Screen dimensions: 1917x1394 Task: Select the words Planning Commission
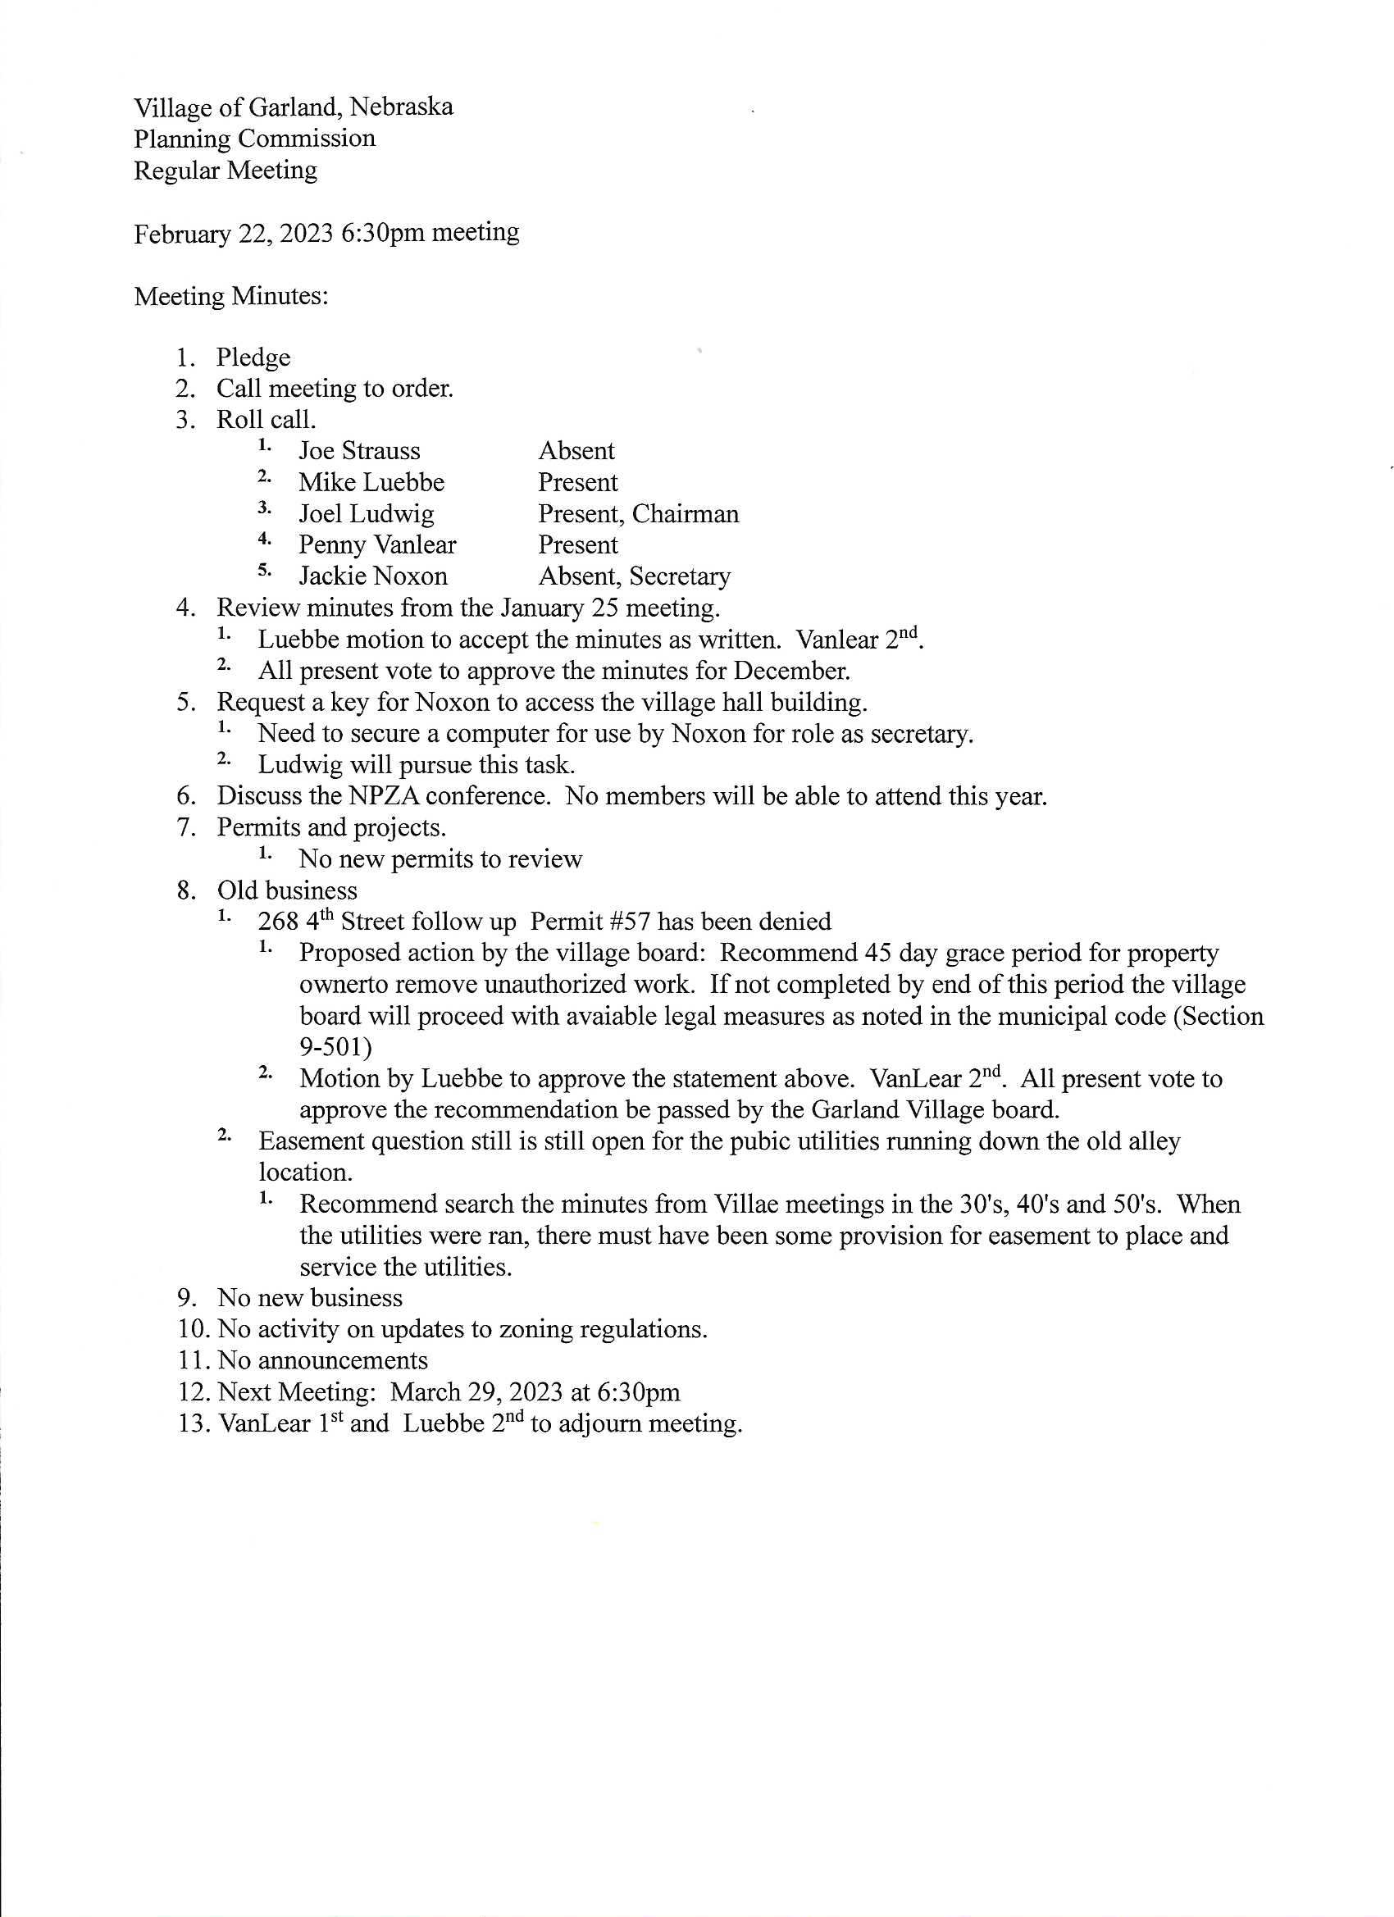point(254,139)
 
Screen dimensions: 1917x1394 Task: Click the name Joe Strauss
point(359,450)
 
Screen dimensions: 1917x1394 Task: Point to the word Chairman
point(686,514)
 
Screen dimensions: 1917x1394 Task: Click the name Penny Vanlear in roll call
point(377,545)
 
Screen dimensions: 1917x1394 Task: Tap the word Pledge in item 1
point(253,357)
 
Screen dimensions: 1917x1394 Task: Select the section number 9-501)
point(336,1047)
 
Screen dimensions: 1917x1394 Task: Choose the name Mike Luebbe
point(371,483)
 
